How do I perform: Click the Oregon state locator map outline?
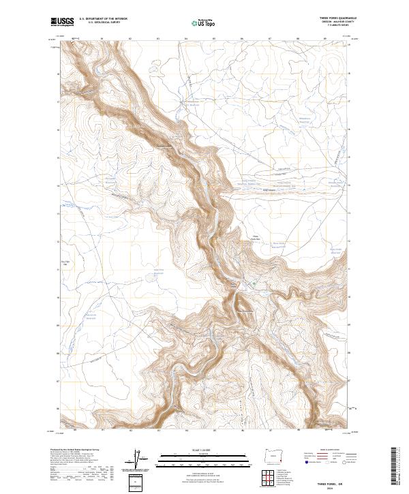pos(273,454)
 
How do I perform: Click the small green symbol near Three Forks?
pos(254,284)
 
